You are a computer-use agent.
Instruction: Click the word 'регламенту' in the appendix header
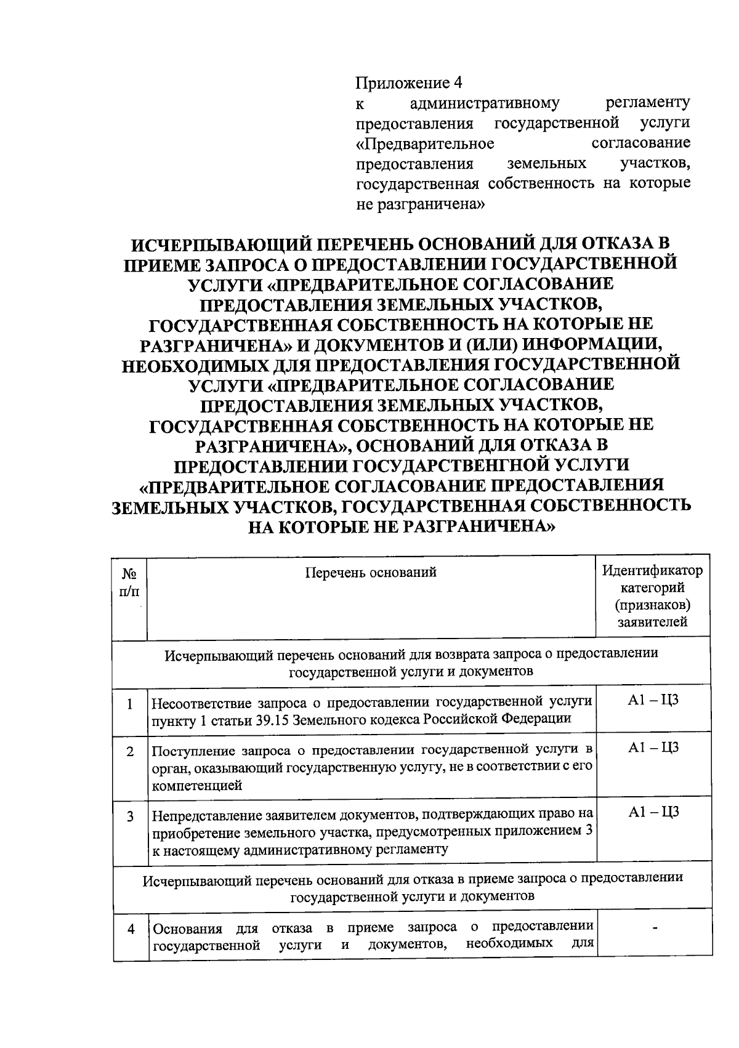[x=647, y=102]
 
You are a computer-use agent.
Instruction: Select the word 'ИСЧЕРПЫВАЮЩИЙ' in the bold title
[x=219, y=243]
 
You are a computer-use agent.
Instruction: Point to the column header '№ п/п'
[x=129, y=582]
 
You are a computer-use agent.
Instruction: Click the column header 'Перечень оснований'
[x=371, y=573]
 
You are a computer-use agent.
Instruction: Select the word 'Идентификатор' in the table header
[x=652, y=570]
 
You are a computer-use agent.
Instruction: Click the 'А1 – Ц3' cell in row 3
[x=653, y=813]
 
